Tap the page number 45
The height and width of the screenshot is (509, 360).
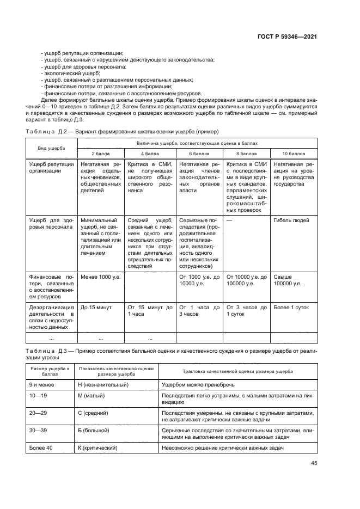click(314, 463)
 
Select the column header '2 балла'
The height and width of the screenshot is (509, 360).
click(101, 154)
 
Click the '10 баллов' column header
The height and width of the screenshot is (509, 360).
click(294, 154)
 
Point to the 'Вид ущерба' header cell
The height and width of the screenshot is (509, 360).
click(52, 148)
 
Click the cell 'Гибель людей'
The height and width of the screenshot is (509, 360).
click(291, 220)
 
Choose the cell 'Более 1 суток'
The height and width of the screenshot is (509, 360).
click(291, 307)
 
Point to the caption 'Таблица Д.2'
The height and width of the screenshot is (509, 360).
click(46, 132)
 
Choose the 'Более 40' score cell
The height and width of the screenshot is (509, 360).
click(40, 448)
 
